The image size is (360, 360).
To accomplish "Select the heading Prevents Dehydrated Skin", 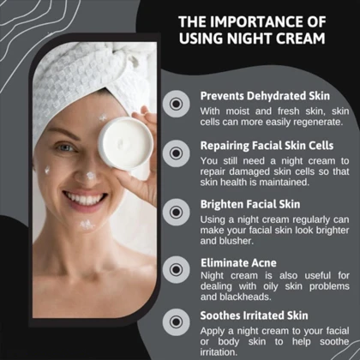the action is pos(265,96).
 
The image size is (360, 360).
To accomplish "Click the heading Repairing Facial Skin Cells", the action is pos(267,146).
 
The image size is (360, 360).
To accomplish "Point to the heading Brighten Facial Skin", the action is pos(250,204).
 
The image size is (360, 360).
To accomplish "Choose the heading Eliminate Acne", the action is pos(238,263).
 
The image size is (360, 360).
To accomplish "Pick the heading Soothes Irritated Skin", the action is pos(254,315).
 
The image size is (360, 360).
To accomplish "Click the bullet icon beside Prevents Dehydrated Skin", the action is pos(177,104).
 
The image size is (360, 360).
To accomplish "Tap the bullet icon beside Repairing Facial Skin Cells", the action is pos(177,153).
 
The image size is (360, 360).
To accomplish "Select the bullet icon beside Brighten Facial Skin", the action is pos(177,213).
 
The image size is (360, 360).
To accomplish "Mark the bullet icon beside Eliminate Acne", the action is pos(177,270).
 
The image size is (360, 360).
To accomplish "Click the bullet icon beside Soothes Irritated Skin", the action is pos(177,322).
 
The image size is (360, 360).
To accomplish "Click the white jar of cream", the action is pos(126,143).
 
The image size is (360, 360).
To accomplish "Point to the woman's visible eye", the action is pos(65,147).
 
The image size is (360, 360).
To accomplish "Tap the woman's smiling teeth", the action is pos(84,199).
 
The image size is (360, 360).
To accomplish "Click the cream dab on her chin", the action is pos(87,225).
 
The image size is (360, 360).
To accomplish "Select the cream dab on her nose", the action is pos(91,176).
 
